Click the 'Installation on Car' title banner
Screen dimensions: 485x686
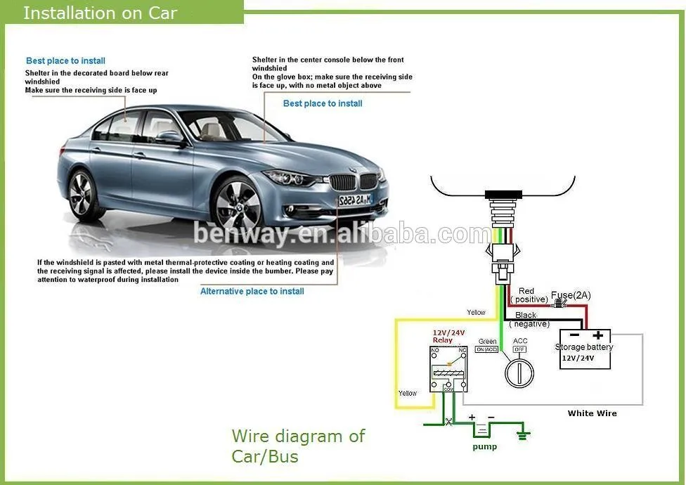[x=101, y=13]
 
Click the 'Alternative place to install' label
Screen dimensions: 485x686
[x=252, y=291]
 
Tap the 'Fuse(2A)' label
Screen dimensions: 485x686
[x=571, y=295]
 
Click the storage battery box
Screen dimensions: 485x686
[x=585, y=349]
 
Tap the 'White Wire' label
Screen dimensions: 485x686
[x=592, y=413]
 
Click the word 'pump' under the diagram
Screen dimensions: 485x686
[x=484, y=446]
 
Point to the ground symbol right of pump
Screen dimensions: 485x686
[x=523, y=435]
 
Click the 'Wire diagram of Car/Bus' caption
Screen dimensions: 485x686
[x=298, y=446]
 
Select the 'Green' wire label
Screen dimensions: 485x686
[x=487, y=342]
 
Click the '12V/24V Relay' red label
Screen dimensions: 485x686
[x=448, y=336]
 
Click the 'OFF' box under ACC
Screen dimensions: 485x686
[x=519, y=349]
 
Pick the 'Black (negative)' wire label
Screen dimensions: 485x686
[x=527, y=319]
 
